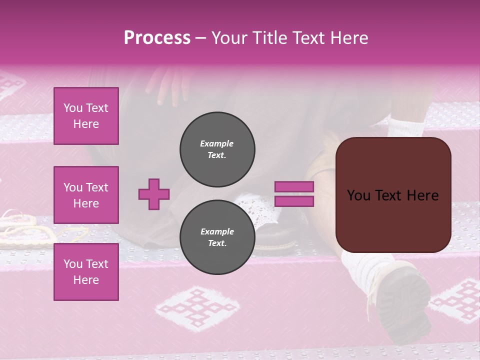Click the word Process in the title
pos(157,38)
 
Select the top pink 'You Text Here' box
pos(86,116)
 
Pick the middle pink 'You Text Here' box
pos(86,195)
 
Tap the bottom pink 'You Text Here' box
pos(86,272)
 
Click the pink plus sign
pos(154,194)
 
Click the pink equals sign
pos(294,194)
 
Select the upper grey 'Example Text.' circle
pos(217,149)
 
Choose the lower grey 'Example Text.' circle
pos(217,237)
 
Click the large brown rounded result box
pos(393,195)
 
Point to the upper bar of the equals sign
pos(294,187)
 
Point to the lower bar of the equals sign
pos(294,201)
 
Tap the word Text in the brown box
pos(392,195)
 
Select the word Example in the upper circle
pos(216,143)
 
